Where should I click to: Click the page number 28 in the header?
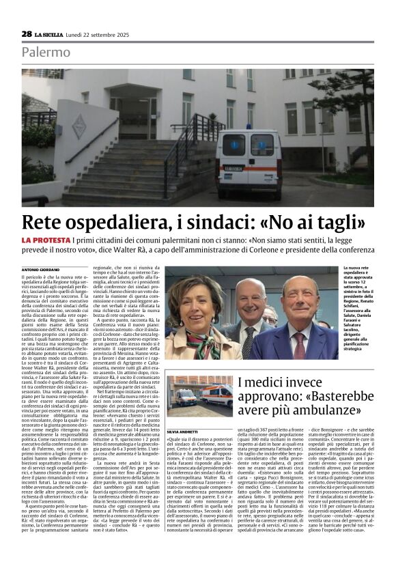tap(26, 33)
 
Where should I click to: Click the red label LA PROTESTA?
tap(48, 240)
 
